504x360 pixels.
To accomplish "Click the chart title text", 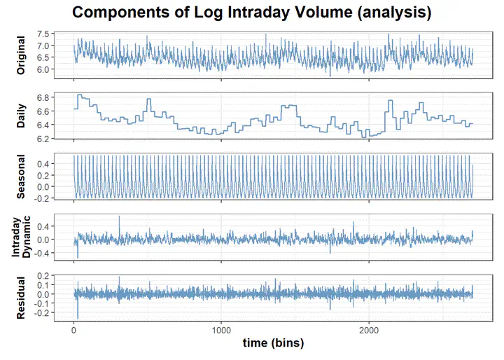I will pyautogui.click(x=251, y=13).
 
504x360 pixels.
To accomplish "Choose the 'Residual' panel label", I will pyautogui.click(x=21, y=298).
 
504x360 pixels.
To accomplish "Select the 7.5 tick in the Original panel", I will pyautogui.click(x=43, y=34).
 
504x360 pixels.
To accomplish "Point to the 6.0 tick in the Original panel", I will pyautogui.click(x=43, y=69).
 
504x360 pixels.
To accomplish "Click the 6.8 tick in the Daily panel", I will pyautogui.click(x=43, y=97).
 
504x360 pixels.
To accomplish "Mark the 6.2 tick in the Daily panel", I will pyautogui.click(x=43, y=139).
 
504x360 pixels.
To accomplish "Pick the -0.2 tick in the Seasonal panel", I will pyautogui.click(x=42, y=199).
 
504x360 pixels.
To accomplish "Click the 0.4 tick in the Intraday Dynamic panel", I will pyautogui.click(x=43, y=226).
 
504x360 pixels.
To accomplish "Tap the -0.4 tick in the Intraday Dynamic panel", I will pyautogui.click(x=42, y=253).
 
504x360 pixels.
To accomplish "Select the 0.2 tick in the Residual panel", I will pyautogui.click(x=43, y=276).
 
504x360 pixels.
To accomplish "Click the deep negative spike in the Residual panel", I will pyautogui.click(x=78, y=317).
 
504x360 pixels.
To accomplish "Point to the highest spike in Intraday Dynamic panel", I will pyautogui.click(x=119, y=217).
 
